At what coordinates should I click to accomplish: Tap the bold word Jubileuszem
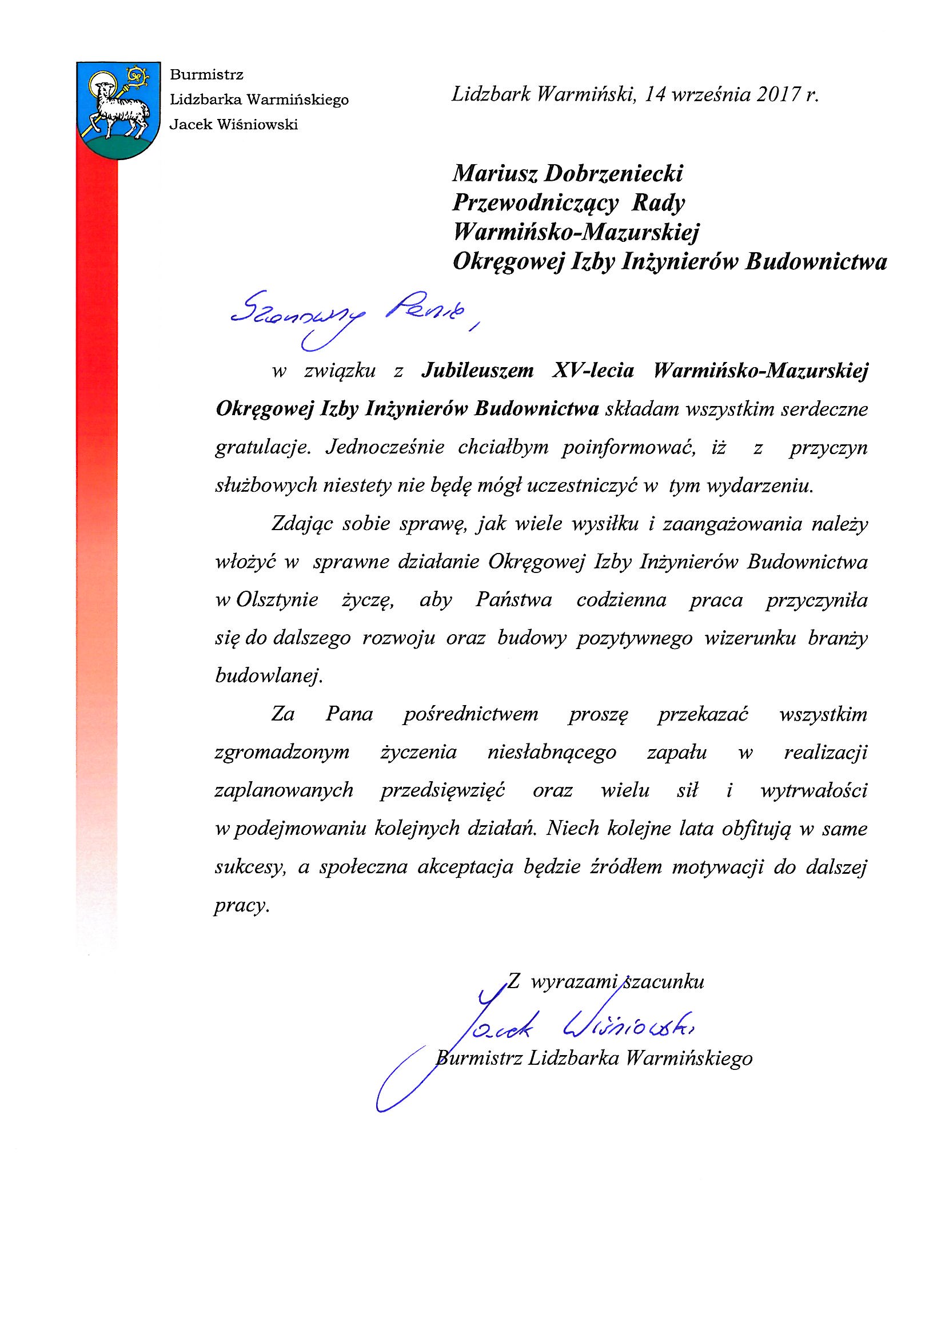pos(477,371)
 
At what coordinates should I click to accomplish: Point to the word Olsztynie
pos(277,600)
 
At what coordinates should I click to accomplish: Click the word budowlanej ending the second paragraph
pos(268,675)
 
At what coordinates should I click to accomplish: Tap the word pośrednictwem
pos(470,714)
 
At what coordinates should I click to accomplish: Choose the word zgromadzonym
pos(282,752)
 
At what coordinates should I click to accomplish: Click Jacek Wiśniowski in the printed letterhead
pos(233,125)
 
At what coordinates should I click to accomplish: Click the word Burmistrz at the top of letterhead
pos(206,74)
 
